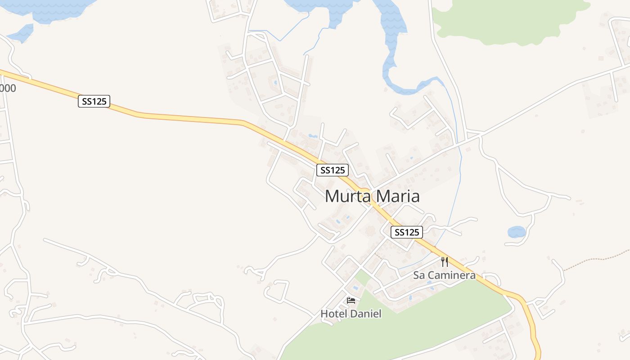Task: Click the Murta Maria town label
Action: point(372,197)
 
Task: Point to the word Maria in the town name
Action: point(396,197)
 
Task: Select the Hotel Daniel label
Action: point(351,314)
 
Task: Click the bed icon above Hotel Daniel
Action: point(351,301)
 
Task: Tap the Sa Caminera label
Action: point(444,275)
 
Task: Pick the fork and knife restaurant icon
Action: point(445,262)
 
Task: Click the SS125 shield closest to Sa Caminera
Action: point(406,232)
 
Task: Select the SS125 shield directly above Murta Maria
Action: point(333,170)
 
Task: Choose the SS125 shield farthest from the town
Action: point(94,101)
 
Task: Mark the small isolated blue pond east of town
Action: point(517,232)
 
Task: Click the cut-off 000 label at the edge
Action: point(8,88)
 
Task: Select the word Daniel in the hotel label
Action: point(365,314)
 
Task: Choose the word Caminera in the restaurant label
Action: point(451,275)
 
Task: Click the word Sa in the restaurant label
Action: point(419,275)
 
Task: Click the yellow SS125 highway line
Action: point(189,118)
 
